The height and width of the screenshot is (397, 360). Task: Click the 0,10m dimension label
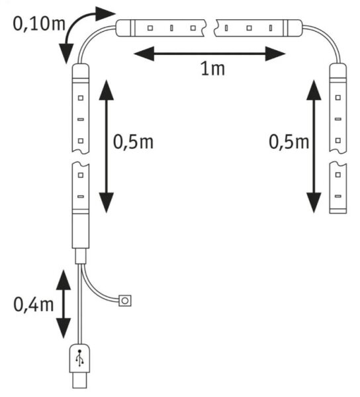coord(39,24)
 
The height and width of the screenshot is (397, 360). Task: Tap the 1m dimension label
coord(212,69)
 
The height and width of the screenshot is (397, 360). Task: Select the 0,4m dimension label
coord(33,304)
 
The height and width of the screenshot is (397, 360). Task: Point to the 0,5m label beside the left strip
coord(133,142)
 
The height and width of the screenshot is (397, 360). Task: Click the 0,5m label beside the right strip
coord(289,142)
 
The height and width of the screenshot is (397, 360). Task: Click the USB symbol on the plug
coord(80,358)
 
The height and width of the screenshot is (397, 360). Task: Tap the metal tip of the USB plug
coord(79,380)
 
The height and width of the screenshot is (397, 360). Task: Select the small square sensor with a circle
coord(125,301)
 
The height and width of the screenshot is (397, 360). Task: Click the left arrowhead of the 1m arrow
coord(144,54)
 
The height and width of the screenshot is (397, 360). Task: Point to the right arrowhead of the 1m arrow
coord(275,54)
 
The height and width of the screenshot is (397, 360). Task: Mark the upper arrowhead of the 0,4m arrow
coord(64,280)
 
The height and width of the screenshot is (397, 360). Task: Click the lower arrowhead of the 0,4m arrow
coord(64,328)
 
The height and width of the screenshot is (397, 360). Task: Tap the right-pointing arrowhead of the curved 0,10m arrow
coord(105,14)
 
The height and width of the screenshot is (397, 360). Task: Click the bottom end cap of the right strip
coord(338,211)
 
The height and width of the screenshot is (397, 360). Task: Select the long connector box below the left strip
coord(81,231)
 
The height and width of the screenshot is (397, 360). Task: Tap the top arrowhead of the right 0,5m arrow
coord(314,90)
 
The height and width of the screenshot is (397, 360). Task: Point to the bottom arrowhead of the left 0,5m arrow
coord(107,202)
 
